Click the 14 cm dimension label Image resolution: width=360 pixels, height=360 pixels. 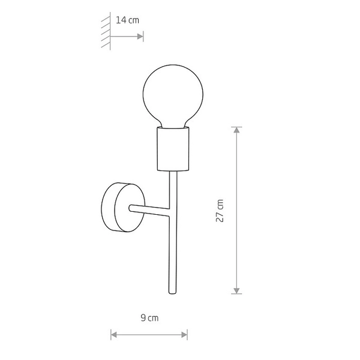(127, 20)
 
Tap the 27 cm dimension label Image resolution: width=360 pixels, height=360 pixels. (220, 211)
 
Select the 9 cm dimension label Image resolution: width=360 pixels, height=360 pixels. (149, 317)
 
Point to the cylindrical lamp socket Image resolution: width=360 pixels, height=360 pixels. (173, 149)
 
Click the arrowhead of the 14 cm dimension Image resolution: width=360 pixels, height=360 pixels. (140, 36)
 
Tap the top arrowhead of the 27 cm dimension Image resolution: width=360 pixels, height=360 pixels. (237, 130)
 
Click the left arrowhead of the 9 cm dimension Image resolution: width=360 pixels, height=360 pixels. (113, 334)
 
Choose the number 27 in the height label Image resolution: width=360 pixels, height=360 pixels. (220, 216)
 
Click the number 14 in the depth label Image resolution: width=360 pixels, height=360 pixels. (121, 20)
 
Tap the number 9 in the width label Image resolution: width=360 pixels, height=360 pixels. (143, 317)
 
